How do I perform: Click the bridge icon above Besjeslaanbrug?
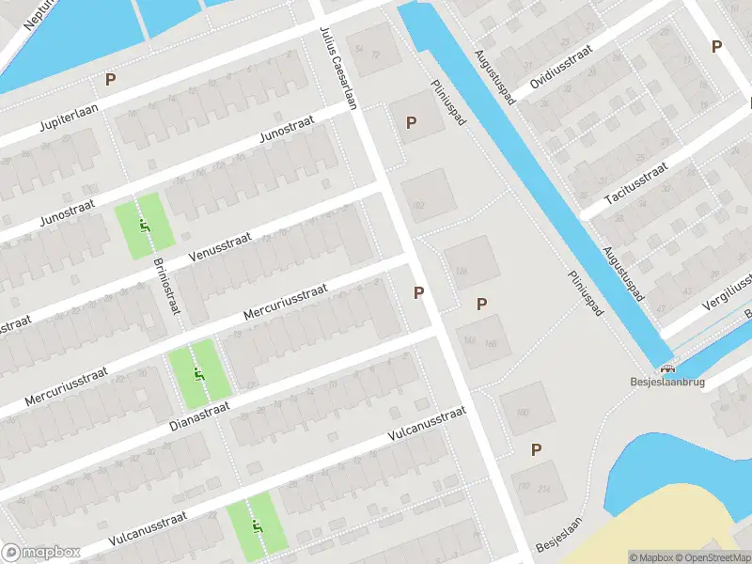[x=667, y=369]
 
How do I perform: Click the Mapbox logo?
[x=39, y=552]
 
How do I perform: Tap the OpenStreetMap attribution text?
[x=711, y=557]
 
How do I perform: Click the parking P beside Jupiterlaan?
[x=111, y=80]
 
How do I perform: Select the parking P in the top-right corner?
[x=716, y=46]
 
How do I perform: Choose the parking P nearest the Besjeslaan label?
[x=536, y=450]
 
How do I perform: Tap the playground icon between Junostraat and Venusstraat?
[x=144, y=226]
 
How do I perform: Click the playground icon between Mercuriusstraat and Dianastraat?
[x=198, y=374]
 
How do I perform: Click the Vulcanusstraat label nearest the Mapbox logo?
[x=148, y=527]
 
